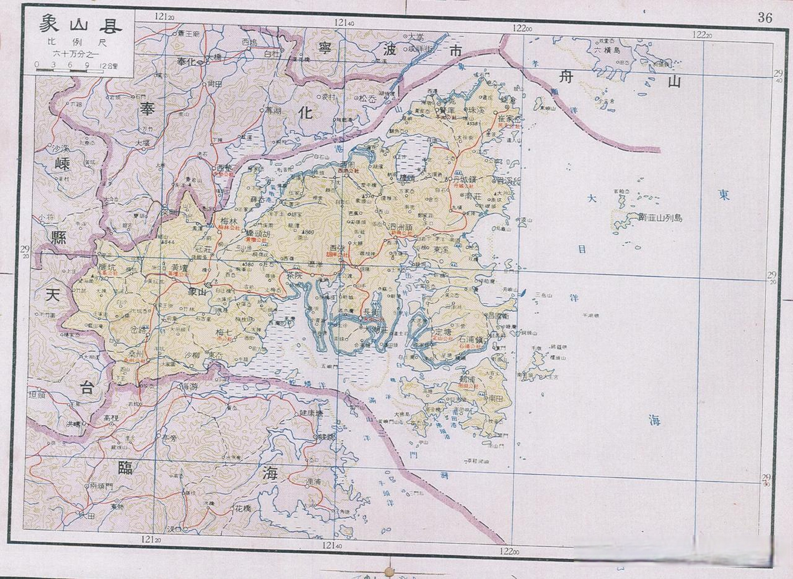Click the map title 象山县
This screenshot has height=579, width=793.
click(x=80, y=24)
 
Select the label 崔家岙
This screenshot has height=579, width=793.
click(x=510, y=119)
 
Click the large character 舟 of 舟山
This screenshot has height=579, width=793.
click(x=567, y=77)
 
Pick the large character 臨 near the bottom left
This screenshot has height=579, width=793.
click(x=125, y=467)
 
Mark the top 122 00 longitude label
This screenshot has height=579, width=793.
click(x=522, y=28)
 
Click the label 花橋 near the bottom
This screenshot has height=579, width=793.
click(x=243, y=508)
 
